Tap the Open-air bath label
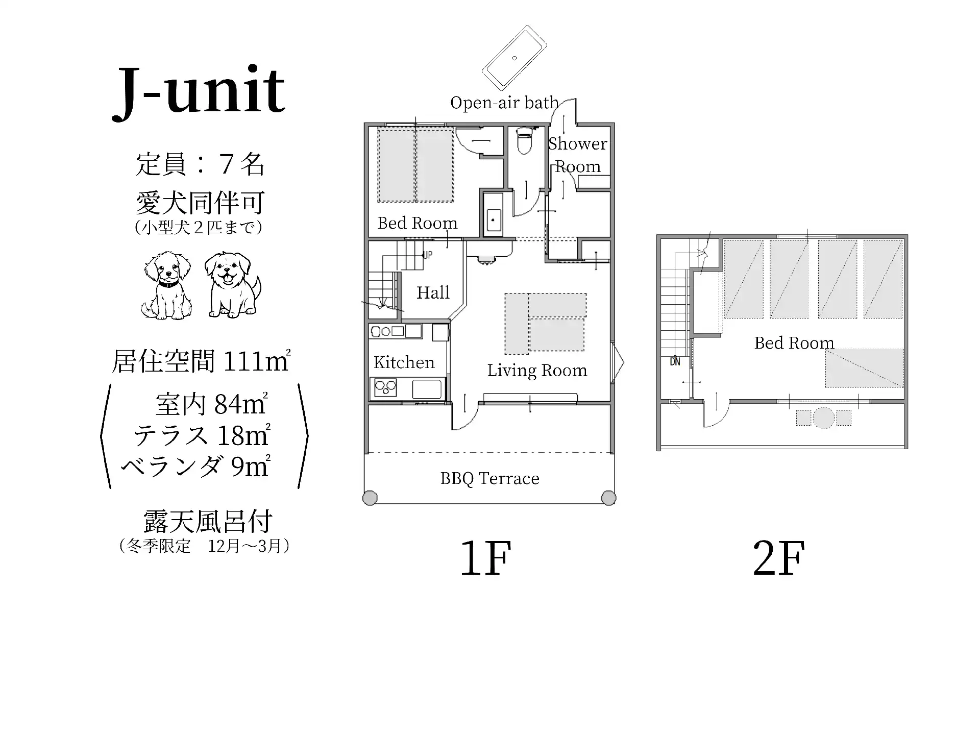(504, 103)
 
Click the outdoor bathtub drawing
(514, 58)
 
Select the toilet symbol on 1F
(525, 141)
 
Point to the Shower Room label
(578, 155)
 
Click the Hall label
(433, 292)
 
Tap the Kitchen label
(404, 362)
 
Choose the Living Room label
(537, 371)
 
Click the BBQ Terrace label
(489, 479)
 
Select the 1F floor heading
(485, 558)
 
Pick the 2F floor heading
(779, 558)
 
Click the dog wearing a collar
(167, 285)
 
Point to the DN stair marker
(675, 362)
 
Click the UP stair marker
(428, 255)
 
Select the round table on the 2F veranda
(823, 418)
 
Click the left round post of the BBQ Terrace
(370, 498)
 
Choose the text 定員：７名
(200, 164)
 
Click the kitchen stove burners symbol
(385, 388)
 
